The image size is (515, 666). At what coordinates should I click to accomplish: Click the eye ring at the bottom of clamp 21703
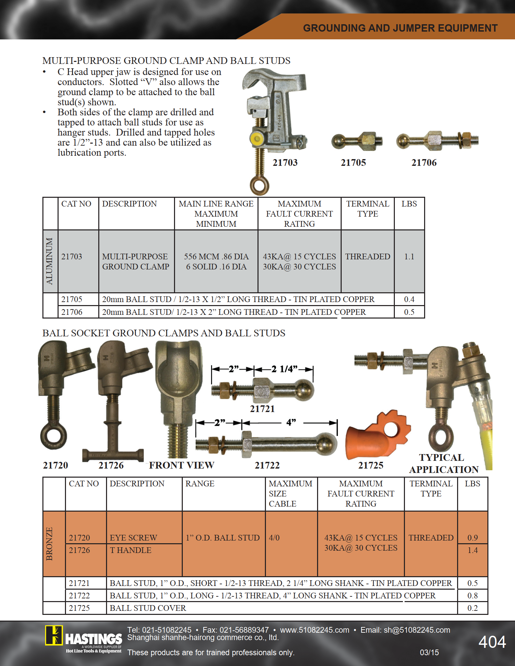260,185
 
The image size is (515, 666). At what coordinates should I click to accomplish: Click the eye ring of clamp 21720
53,436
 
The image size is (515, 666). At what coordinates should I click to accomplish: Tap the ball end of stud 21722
327,443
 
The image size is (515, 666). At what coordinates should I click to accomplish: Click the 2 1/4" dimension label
284,369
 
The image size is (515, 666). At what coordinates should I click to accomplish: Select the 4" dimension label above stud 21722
291,422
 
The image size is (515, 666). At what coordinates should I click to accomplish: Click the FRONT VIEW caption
181,465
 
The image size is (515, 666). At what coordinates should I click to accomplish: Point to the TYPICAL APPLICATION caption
443,464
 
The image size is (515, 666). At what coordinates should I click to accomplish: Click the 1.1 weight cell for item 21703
409,257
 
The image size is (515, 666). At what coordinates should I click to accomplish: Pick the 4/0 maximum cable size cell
274,538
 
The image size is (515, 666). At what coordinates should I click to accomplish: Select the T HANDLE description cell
131,550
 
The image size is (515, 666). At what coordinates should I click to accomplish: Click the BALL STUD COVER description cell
148,608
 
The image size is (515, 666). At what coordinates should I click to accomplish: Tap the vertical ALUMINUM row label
50,261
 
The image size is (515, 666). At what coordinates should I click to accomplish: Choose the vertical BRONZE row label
50,544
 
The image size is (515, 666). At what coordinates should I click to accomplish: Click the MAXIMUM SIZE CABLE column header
290,493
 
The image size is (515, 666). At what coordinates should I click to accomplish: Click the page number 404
492,642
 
